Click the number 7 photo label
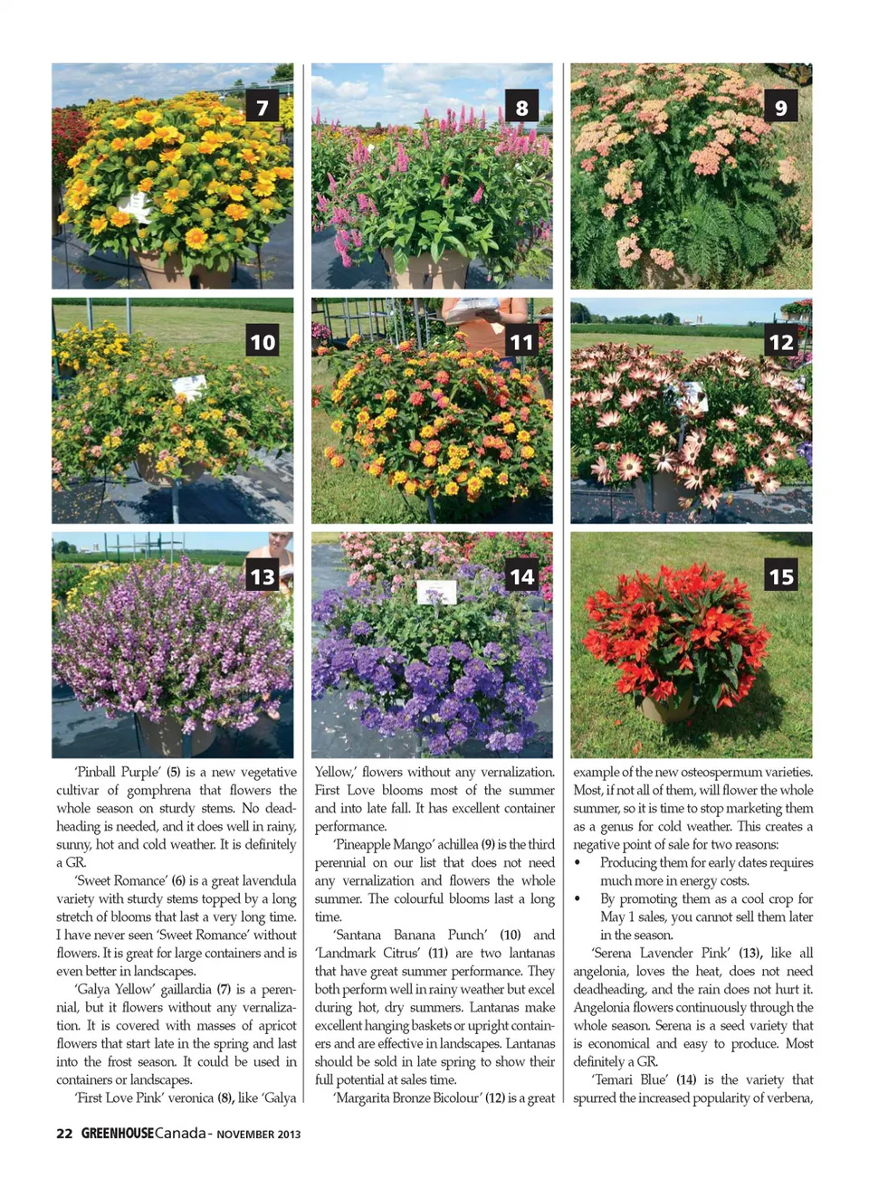tap(263, 108)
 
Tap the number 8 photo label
tap(521, 108)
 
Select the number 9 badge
tap(781, 108)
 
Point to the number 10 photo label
tap(263, 342)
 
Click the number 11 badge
tap(521, 342)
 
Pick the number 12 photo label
tap(781, 342)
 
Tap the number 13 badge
tap(263, 576)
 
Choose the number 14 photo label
tap(521, 576)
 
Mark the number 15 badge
tap(781, 576)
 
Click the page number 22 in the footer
tap(64, 1134)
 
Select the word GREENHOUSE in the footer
tap(118, 1134)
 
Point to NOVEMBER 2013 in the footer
tap(259, 1135)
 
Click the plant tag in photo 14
tap(436, 593)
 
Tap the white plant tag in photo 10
tap(189, 387)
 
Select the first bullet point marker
tap(578, 862)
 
